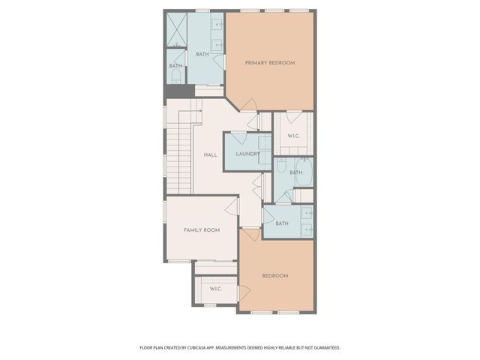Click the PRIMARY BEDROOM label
coord(270,63)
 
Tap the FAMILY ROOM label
coord(202,230)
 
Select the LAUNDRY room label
coord(247,154)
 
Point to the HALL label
coord(211,155)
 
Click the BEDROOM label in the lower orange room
coord(275,276)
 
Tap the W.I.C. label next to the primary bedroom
coord(293,136)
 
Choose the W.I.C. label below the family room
coord(215,289)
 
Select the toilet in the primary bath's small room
coord(175,76)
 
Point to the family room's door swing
coord(232,205)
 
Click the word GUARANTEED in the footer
coord(325,348)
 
